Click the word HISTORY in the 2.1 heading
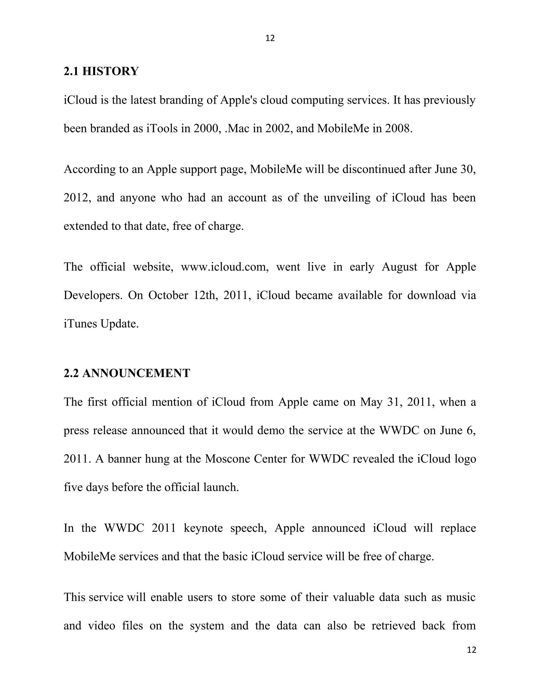click(x=110, y=71)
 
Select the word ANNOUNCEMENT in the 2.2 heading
click(x=136, y=373)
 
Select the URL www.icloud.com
click(x=225, y=267)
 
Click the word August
click(x=399, y=267)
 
